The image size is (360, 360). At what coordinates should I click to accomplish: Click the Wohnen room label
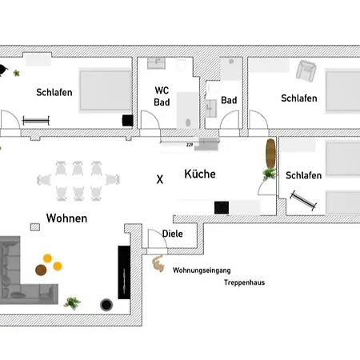point(66,218)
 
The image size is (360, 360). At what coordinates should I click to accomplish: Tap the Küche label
point(200,174)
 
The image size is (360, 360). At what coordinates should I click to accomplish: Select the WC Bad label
point(162,96)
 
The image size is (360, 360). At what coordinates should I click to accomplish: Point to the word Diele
point(172,234)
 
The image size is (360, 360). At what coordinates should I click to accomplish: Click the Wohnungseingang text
point(201,270)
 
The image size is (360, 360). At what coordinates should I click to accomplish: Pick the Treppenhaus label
point(244,282)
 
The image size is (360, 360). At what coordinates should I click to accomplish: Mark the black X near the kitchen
point(159,180)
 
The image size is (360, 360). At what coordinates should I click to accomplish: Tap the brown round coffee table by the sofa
point(47,258)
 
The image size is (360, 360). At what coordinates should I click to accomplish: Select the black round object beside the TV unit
point(106,304)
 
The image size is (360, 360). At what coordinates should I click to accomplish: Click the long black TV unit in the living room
point(124,272)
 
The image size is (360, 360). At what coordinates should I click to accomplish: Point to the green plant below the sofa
point(72,302)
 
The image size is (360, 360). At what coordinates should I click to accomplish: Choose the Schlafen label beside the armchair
point(298,98)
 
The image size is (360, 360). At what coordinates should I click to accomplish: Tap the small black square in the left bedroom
point(126,120)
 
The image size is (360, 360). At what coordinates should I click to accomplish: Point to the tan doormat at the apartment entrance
point(158,262)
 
